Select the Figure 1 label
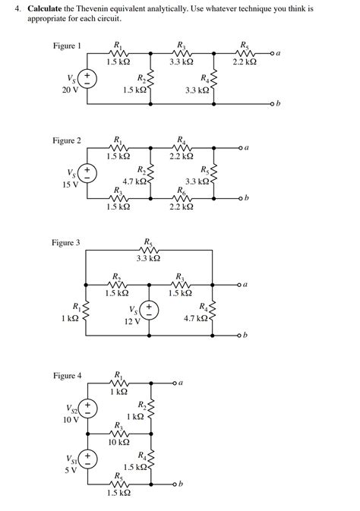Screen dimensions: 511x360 click(67, 46)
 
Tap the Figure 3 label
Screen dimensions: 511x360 click(66, 243)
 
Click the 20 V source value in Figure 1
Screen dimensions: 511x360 click(70, 90)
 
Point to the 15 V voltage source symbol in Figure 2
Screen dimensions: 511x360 click(88, 173)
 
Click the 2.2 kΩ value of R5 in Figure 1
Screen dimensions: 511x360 click(243, 61)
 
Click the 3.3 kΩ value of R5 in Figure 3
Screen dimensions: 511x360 click(148, 258)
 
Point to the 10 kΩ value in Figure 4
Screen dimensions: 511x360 click(119, 441)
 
